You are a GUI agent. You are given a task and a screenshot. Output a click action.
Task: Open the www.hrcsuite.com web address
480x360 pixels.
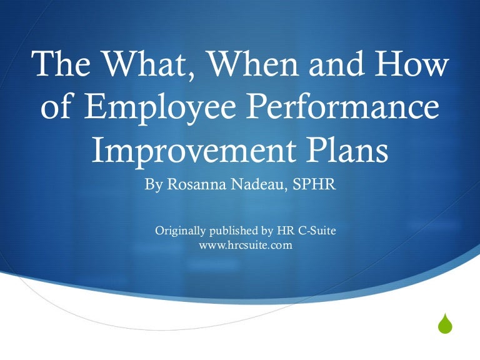click(246, 246)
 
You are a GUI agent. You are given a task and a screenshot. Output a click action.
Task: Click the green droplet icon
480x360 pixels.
click(444, 324)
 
